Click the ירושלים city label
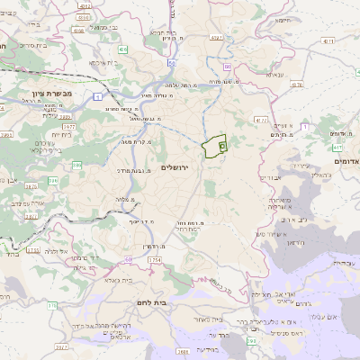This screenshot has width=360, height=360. click(x=175, y=167)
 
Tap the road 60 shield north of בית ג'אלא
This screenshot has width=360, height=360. click(x=129, y=259)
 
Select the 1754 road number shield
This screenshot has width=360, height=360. click(x=155, y=260)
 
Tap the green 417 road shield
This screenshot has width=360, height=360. click(x=338, y=147)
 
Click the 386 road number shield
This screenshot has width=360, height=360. click(x=76, y=166)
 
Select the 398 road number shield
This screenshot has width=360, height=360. click(x=183, y=351)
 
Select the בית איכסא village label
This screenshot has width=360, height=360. click(x=104, y=63)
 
